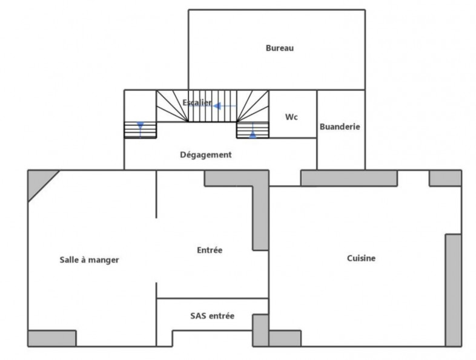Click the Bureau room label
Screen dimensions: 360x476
tap(279, 48)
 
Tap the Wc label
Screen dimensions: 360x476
tap(291, 117)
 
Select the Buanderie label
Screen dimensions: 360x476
tap(340, 126)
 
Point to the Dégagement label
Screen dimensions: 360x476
tap(206, 155)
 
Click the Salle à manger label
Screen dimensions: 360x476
tap(89, 260)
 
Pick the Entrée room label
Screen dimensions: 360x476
tap(210, 250)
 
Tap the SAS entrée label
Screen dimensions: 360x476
tap(212, 316)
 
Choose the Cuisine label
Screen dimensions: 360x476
tap(361, 258)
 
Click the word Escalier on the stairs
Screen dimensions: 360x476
tap(197, 103)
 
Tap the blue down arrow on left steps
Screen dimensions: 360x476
tap(140, 127)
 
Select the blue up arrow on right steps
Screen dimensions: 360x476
tap(252, 133)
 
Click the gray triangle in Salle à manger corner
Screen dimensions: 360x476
tap(38, 181)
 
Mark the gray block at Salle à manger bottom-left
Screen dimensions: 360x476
tap(52, 338)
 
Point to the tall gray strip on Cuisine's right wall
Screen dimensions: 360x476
tap(453, 289)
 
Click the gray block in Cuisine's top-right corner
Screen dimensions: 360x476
tap(445, 178)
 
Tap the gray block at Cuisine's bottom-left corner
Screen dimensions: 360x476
tap(285, 338)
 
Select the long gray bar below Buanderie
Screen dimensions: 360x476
tap(349, 178)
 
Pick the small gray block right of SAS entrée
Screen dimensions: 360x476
tap(260, 330)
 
